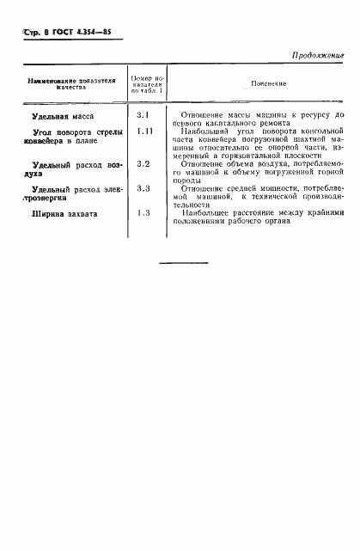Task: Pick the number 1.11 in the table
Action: tap(144, 131)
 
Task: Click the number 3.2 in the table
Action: tap(143, 163)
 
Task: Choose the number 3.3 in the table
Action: tap(143, 188)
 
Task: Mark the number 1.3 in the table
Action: tap(143, 212)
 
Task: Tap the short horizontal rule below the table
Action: tap(184, 262)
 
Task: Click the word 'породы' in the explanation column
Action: tap(185, 181)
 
